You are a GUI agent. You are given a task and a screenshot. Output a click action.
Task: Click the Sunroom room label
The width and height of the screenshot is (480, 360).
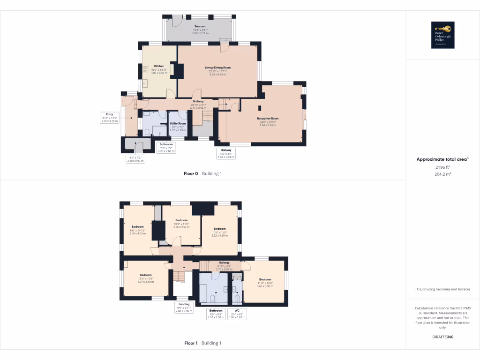(x=200, y=27)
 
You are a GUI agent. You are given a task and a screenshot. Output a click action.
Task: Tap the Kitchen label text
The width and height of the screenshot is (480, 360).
(x=159, y=66)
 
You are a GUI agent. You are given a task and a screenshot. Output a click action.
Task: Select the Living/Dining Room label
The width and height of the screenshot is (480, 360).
(x=217, y=67)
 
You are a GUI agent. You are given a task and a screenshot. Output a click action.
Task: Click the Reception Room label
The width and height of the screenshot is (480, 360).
(x=268, y=119)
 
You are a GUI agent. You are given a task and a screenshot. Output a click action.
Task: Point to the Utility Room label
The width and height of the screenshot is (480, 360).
(x=178, y=123)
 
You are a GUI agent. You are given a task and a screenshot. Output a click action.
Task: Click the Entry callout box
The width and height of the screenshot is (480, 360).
(x=110, y=117)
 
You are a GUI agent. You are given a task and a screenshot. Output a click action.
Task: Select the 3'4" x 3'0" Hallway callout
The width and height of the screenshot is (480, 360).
(x=226, y=153)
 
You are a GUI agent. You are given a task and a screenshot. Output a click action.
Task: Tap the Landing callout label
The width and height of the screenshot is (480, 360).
(x=184, y=307)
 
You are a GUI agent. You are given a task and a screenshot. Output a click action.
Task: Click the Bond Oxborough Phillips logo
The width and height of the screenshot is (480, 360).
(x=442, y=35)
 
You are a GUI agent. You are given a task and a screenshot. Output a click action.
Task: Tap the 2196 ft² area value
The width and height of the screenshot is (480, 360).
(x=442, y=167)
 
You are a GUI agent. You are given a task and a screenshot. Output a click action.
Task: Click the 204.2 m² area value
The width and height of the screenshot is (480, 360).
(x=442, y=174)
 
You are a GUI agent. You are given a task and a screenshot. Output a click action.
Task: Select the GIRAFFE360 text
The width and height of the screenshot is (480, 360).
(x=442, y=337)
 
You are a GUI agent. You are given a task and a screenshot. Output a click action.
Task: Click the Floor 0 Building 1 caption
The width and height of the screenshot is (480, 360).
(x=202, y=173)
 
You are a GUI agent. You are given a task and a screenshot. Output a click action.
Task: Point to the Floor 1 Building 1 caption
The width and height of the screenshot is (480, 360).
(x=202, y=343)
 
